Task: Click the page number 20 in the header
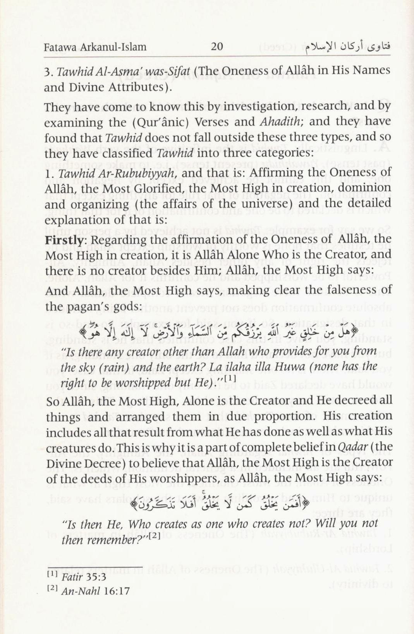tap(217, 47)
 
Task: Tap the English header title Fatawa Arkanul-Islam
tap(95, 47)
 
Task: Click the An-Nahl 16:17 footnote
tap(95, 591)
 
